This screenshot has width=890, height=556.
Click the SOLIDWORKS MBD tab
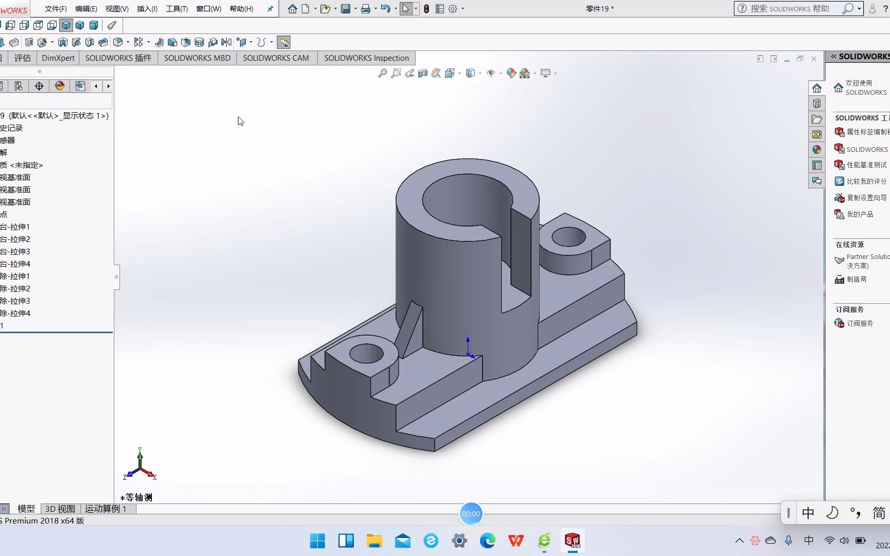[x=197, y=58]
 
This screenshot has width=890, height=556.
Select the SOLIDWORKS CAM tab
[x=276, y=58]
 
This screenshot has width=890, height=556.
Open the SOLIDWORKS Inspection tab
[x=366, y=58]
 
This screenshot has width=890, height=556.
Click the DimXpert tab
[x=58, y=58]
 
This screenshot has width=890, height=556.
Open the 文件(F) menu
[x=56, y=9]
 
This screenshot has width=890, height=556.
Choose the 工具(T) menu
[x=177, y=9]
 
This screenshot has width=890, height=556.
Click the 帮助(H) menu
[x=241, y=9]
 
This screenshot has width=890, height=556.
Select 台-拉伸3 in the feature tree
[x=15, y=251]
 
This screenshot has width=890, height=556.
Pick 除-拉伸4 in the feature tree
[x=15, y=313]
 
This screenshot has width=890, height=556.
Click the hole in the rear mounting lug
[x=568, y=237]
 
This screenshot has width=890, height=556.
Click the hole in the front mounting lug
[x=366, y=354]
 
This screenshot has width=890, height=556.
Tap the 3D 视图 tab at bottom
[x=60, y=509]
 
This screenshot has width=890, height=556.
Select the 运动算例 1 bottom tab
[x=106, y=509]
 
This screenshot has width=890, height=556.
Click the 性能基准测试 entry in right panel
[x=866, y=165]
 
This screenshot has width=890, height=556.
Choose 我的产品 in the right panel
[x=860, y=214]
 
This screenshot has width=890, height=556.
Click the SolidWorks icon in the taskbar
[x=572, y=541]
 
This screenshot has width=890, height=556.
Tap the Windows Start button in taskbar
[x=317, y=541]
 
